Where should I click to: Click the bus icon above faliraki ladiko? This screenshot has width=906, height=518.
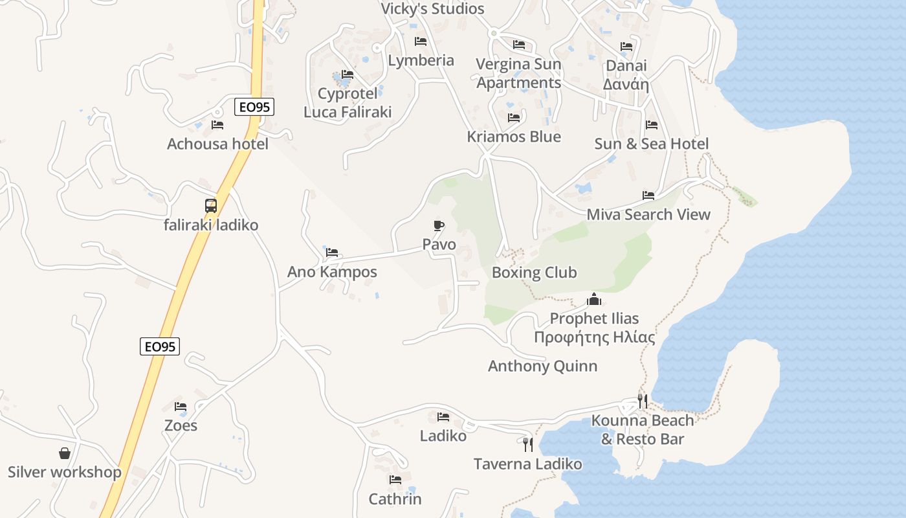(211, 206)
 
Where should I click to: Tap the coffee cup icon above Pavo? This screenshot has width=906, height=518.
(439, 225)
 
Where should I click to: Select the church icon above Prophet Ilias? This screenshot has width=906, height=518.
(594, 299)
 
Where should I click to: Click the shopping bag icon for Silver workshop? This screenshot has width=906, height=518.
(65, 453)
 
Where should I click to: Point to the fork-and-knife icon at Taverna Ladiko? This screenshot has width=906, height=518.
(528, 444)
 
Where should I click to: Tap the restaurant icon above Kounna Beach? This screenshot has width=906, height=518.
(642, 401)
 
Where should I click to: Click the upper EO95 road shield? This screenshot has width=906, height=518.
(254, 107)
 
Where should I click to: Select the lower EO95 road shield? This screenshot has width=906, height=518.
(160, 346)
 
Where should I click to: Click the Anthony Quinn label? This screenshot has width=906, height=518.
(542, 366)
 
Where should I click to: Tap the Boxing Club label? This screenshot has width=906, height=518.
(534, 273)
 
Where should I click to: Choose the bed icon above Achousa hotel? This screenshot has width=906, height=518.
(217, 124)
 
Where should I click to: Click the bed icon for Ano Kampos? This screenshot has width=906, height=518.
(332, 252)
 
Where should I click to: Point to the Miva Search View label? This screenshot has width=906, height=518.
(648, 214)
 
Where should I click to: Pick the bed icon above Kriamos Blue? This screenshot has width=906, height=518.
(514, 118)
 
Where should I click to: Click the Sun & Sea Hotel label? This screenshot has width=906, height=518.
(652, 144)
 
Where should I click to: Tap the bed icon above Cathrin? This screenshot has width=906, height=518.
(395, 480)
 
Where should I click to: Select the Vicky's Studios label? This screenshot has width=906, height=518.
(432, 8)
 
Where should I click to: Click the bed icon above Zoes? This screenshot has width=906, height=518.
(181, 407)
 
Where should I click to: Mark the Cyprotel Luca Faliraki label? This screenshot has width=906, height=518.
(348, 103)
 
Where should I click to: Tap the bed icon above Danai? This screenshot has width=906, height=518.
(626, 47)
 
